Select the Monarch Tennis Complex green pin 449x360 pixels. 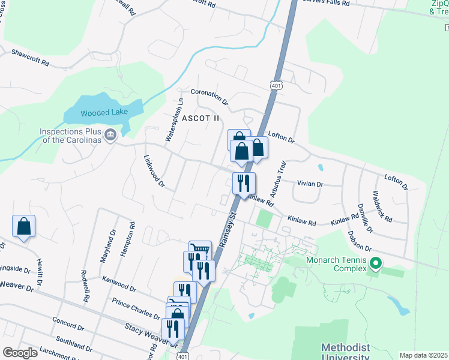click(376, 263)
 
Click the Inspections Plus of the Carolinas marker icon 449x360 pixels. click(110, 134)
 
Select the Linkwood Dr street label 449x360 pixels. click(154, 172)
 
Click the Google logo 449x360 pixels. click(20, 352)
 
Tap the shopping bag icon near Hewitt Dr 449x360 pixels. click(23, 226)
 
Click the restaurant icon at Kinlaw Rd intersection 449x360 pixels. click(244, 183)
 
